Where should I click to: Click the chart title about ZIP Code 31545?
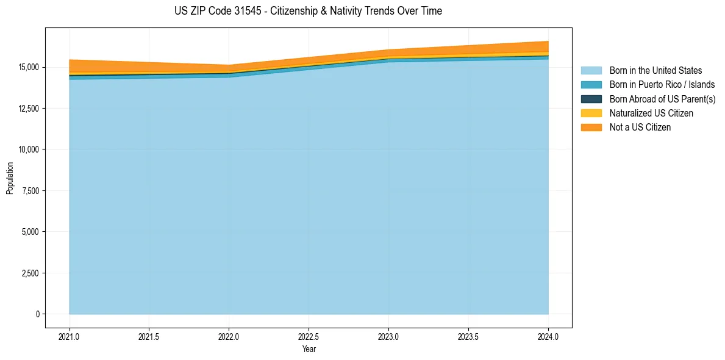pyautogui.click(x=308, y=11)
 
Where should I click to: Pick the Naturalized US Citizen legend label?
pyautogui.click(x=651, y=113)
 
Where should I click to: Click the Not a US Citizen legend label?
pyautogui.click(x=640, y=128)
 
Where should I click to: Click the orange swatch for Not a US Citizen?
pyautogui.click(x=591, y=128)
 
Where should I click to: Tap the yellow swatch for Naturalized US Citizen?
pyautogui.click(x=591, y=113)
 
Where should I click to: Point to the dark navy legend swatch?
pyautogui.click(x=591, y=99)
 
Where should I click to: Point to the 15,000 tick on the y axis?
pyautogui.click(x=29, y=67)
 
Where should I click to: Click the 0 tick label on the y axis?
pyautogui.click(x=38, y=314)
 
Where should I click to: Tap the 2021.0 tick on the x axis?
pyautogui.click(x=70, y=336)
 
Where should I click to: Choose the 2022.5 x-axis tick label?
pyautogui.click(x=309, y=336)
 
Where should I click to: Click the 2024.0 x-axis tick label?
pyautogui.click(x=548, y=336)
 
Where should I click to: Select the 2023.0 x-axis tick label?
pyautogui.click(x=388, y=336)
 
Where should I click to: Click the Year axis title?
pyautogui.click(x=309, y=349)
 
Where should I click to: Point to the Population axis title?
pyautogui.click(x=10, y=178)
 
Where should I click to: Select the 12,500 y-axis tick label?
pyautogui.click(x=29, y=109)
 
